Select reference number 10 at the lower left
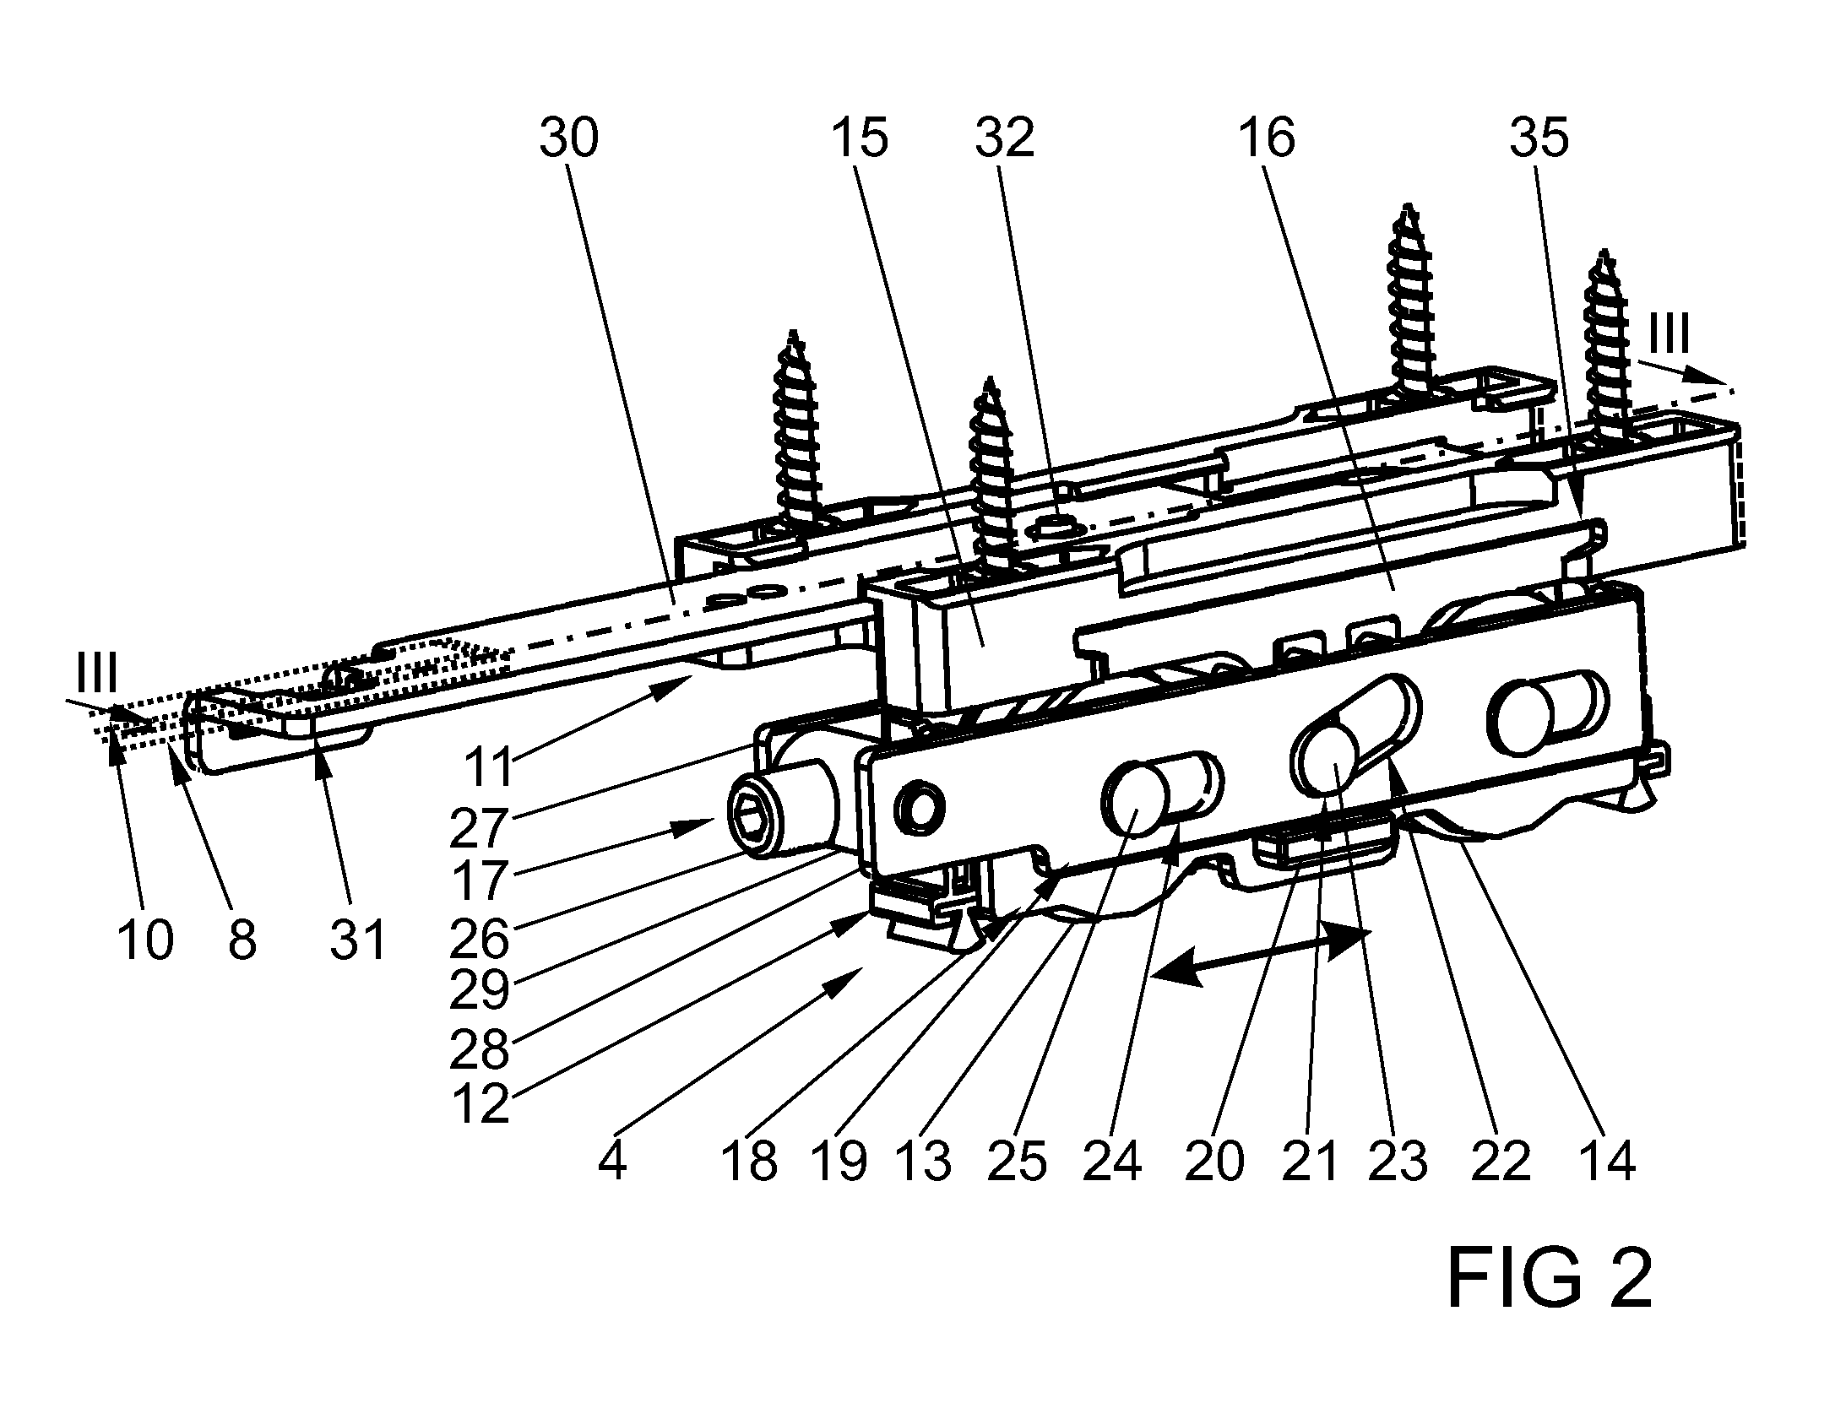145,939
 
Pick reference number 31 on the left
358,939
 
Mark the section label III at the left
97,673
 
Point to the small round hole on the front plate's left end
918,809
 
